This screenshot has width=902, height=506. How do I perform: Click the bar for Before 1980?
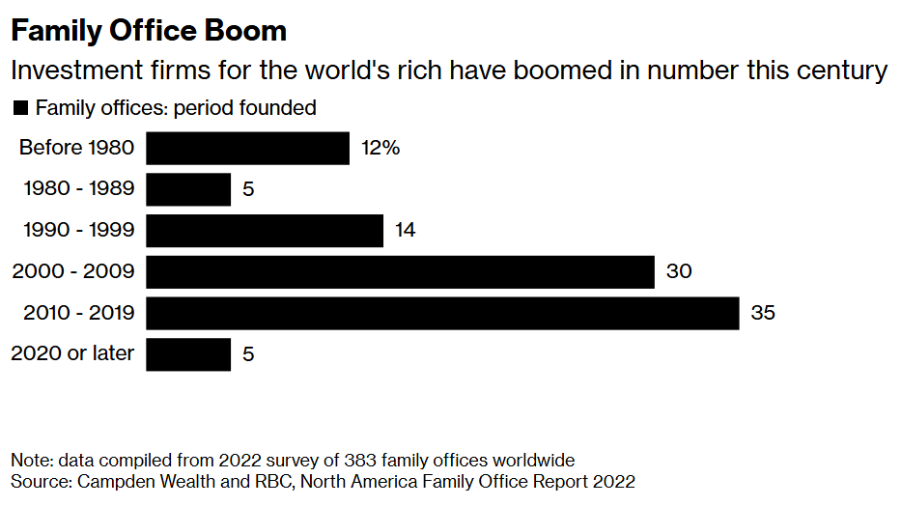[247, 149]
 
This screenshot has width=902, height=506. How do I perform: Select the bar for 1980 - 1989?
[188, 189]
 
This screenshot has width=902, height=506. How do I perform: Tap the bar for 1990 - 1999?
[265, 231]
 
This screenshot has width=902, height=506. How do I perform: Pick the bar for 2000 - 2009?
[400, 271]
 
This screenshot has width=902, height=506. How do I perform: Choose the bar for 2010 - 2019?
[442, 313]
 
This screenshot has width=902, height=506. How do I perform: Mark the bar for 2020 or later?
[188, 354]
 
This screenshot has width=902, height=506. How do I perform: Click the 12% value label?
[380, 149]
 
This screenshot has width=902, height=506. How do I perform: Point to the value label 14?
[406, 231]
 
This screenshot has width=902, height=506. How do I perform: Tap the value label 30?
[678, 271]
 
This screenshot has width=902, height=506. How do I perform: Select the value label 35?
[763, 313]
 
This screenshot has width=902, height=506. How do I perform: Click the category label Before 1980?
[76, 149]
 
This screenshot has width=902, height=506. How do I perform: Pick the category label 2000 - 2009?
[72, 271]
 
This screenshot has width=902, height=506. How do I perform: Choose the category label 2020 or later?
[72, 354]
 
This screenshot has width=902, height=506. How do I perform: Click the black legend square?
[19, 108]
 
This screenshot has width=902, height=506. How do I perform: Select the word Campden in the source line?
[116, 481]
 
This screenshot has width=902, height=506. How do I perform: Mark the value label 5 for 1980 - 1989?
[248, 189]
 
